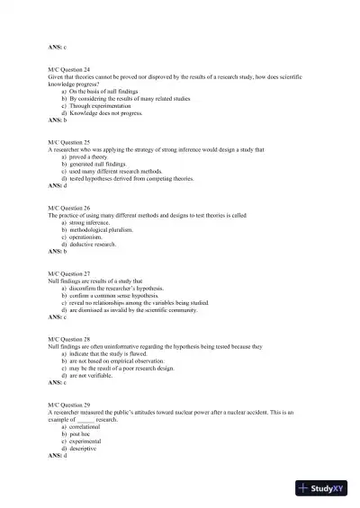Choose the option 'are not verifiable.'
(x=97, y=375)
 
